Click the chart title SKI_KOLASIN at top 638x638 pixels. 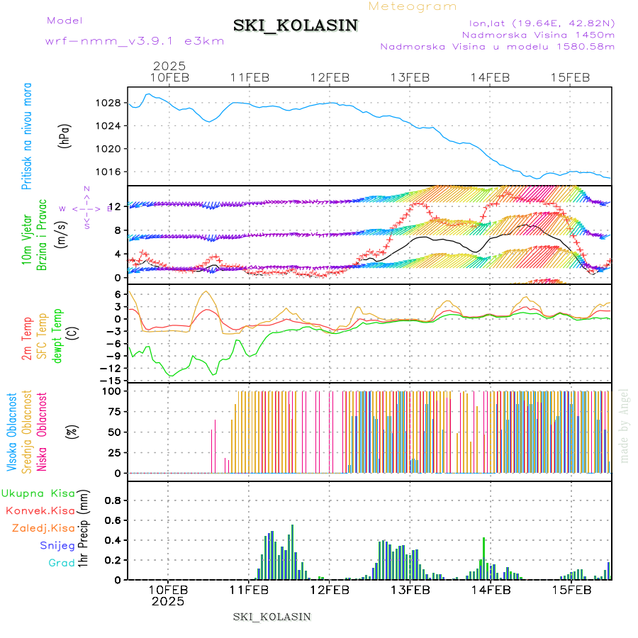coord(296,26)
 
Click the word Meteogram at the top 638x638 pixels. coord(413,6)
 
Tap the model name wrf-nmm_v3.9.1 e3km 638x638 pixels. coord(135,41)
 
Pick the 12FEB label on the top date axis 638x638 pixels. coord(330,77)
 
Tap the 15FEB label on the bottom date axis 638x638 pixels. coord(571,589)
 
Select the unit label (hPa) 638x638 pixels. coord(65,136)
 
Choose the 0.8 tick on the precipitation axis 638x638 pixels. coord(112,500)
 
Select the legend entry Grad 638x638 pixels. coord(61,564)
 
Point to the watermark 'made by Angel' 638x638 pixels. coord(625,425)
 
